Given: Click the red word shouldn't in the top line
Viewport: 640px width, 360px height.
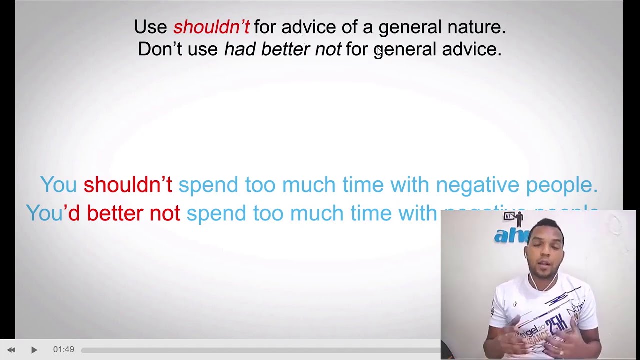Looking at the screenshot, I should point(211,27).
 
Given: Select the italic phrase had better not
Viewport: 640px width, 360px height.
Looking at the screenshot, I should point(282,49).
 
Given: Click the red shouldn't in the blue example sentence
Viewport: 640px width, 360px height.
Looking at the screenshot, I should point(128,185).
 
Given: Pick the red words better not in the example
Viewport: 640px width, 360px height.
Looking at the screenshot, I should point(133,213).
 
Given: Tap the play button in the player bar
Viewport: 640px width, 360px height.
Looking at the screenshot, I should point(34,350).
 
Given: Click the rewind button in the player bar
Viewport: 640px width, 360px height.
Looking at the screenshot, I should point(11,350).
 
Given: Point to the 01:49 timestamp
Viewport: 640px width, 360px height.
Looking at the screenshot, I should point(63,350).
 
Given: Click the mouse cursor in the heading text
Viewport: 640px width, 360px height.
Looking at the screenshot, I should point(379,51).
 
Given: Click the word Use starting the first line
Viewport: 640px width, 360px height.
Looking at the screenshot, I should point(150,27).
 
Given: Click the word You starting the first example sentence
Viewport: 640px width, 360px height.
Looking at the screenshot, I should point(58,185).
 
